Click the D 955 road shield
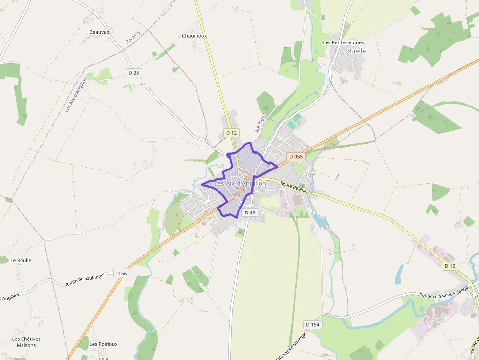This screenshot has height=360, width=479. coord(296,157)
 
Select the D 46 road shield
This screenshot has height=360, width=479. coord(249,212)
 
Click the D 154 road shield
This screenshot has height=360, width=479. coord(312,325)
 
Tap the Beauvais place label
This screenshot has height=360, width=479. coord(100,32)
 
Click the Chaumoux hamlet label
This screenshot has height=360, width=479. coord(195,36)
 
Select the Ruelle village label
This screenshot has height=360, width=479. coord(356,51)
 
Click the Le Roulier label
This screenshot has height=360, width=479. coord(22,260)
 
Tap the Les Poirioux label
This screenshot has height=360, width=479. coord(104,344)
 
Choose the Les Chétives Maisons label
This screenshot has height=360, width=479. coord(26,342)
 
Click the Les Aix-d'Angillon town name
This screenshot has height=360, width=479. coord(240,184)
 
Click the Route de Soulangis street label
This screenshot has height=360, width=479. coord(85,280)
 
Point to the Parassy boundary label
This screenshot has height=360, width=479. coord(133,37)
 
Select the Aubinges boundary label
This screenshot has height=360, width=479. coord(260,123)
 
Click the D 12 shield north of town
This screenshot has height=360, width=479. coord(231,133)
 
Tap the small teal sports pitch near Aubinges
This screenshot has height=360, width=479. coord(292,125)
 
